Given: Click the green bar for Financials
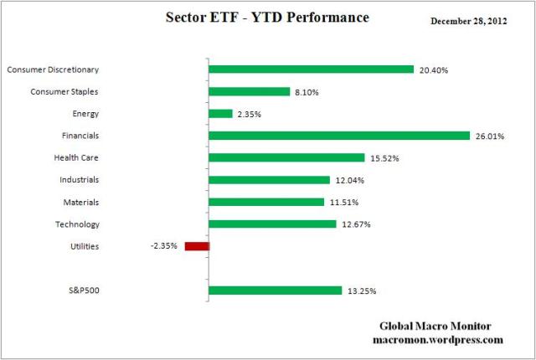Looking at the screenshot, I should [339, 136].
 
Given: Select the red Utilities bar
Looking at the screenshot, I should [197, 246].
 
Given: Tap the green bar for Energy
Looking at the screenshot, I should [220, 113].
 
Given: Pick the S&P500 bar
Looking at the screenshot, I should [275, 291].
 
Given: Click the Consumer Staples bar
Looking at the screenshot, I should [249, 91].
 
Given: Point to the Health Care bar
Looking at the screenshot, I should [286, 157].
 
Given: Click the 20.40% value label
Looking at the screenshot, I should [433, 70].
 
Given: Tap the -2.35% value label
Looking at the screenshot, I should [164, 246].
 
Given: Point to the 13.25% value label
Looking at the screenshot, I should [361, 291].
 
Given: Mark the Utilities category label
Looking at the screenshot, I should [85, 246].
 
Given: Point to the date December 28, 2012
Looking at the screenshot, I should [476, 21].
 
